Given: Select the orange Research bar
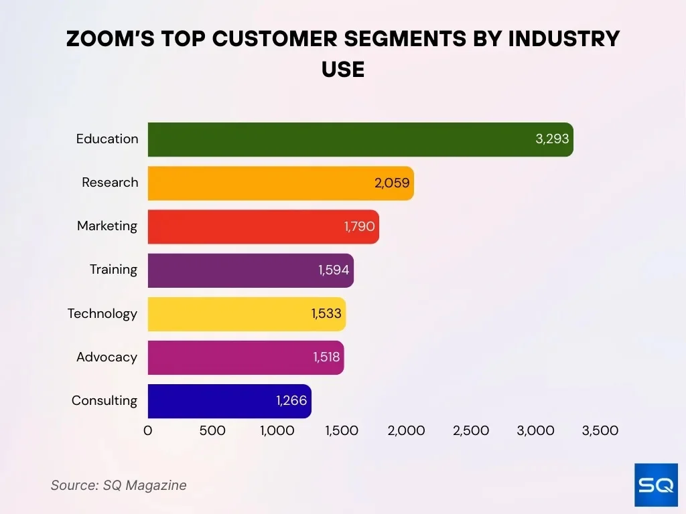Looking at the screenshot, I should (x=268, y=183).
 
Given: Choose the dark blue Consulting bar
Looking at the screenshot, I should (x=214, y=401).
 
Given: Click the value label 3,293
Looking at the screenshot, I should (x=552, y=139).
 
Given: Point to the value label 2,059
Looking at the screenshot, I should (x=392, y=183).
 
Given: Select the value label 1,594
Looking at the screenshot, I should (x=334, y=270).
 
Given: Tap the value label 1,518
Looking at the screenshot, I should (x=326, y=357).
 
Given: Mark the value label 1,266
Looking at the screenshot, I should (x=291, y=401).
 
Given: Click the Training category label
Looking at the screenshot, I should (x=113, y=270).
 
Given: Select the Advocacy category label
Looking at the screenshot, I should (x=107, y=357).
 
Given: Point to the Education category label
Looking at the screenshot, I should (x=107, y=139).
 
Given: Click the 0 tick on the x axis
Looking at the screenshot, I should (x=148, y=431).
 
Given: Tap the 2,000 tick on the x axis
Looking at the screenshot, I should (x=406, y=431).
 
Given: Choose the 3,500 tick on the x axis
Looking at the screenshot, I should (x=600, y=431).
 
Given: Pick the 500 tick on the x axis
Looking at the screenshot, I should (x=212, y=431).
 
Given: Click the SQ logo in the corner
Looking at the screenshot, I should (x=655, y=485).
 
